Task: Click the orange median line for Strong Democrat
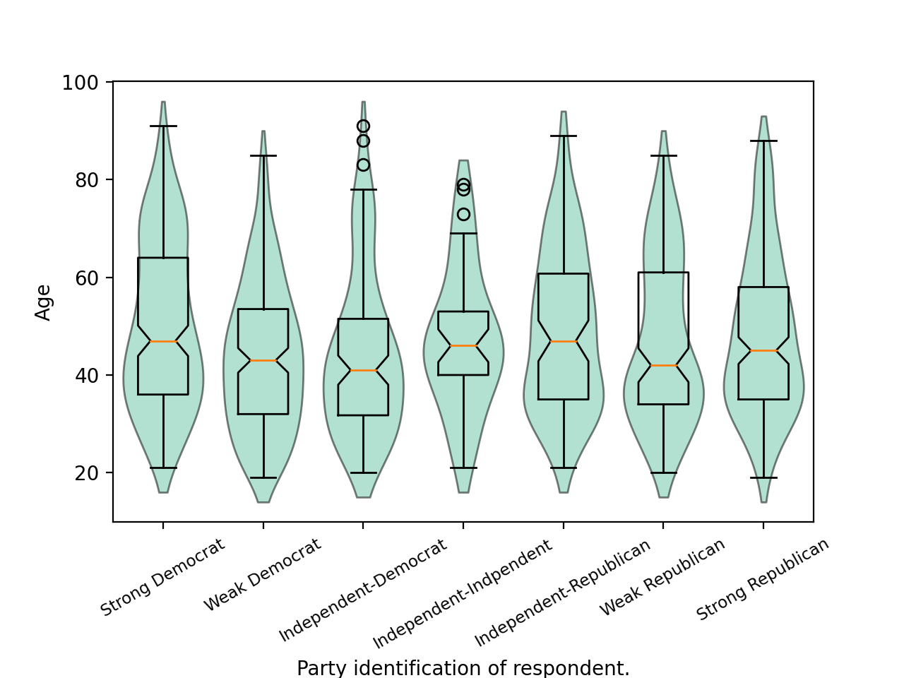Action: coord(163,341)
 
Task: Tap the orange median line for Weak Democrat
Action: coord(263,361)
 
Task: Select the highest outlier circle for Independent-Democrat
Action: coord(363,126)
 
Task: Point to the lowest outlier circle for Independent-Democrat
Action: coord(363,165)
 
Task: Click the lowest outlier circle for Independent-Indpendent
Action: coord(463,214)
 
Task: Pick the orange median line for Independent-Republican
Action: coord(564,341)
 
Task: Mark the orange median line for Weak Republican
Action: coord(663,366)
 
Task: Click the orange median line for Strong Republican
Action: coord(763,351)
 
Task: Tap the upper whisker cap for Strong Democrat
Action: coord(163,126)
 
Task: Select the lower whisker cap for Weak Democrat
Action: coord(263,478)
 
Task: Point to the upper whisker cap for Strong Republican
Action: coord(763,141)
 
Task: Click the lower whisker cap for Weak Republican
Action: coord(663,473)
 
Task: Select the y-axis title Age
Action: coord(44,302)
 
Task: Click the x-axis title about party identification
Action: coord(463,668)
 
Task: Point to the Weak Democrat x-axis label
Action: coord(262,576)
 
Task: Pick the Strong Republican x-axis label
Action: coord(763,580)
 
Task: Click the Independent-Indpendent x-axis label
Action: coord(463,595)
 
